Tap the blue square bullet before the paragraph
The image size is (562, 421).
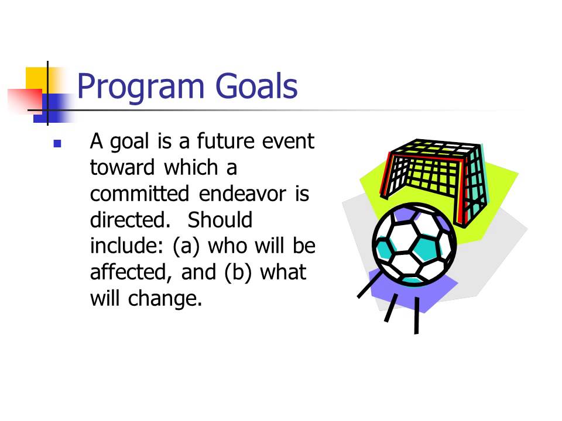point(57,143)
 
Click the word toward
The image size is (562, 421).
point(122,168)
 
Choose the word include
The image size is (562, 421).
point(125,246)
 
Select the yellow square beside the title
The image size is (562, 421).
point(36,78)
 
